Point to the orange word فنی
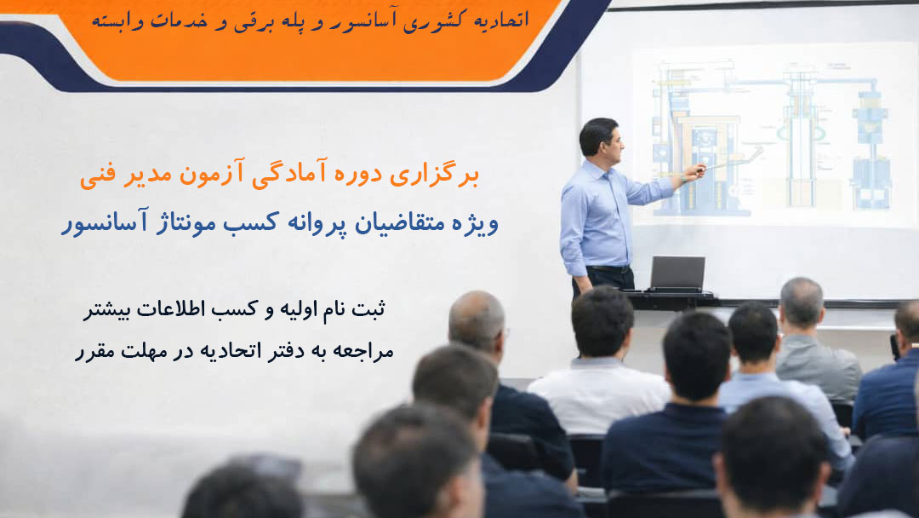[x=97, y=176]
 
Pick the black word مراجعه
[x=366, y=351]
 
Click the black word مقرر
[x=94, y=352]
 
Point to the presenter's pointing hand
[x=694, y=173]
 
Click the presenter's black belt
[x=608, y=269]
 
